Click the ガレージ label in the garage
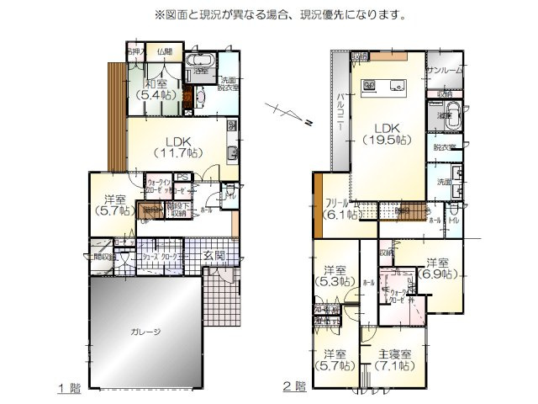tap(145, 332)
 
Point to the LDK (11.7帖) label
tap(178, 146)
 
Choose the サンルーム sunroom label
tap(446, 71)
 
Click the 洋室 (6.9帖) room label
tap(437, 268)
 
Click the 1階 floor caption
tap(70, 388)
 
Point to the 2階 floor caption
tap(293, 388)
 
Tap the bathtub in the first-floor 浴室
tap(201, 61)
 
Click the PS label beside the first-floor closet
tap(181, 177)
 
